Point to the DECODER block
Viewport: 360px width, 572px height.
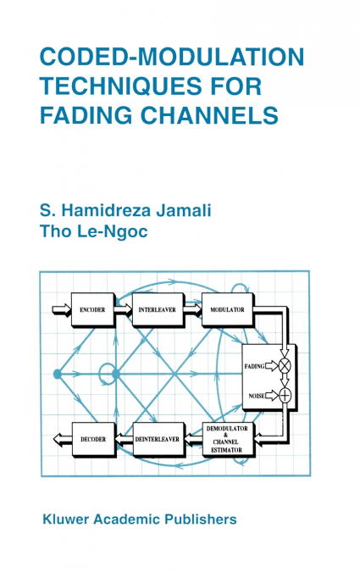click(92, 440)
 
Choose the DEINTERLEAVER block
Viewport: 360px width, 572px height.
click(157, 440)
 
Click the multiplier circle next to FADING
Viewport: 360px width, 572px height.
click(285, 365)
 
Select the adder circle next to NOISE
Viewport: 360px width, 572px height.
click(285, 395)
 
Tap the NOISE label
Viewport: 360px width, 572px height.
click(257, 395)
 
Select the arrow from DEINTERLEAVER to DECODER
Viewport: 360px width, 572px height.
click(124, 440)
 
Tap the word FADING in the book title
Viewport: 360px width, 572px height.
click(86, 114)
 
